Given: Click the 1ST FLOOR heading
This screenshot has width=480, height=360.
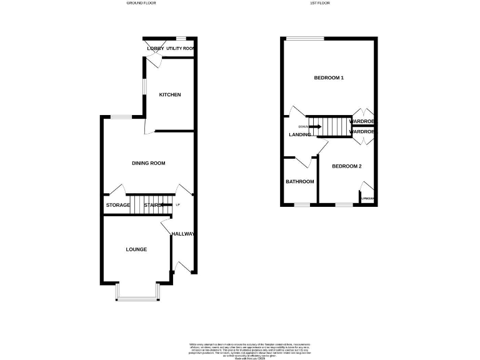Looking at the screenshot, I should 321,3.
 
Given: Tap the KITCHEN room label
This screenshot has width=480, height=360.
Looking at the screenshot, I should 169,95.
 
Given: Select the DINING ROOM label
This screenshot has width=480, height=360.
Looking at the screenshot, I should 148,163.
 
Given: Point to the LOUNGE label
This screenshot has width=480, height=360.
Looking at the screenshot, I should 136,249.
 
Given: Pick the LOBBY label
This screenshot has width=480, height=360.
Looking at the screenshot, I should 155,48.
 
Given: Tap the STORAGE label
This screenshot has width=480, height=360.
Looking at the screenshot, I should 117,205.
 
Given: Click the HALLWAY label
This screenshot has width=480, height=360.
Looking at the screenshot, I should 182,234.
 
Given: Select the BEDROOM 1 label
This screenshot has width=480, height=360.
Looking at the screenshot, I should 329,77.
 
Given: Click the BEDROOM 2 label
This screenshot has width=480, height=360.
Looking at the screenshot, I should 347,166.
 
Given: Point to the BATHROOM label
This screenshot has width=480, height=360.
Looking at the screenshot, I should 300,182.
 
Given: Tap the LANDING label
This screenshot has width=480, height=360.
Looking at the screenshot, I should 299,134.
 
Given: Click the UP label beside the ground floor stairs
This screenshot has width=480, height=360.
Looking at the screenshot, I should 177,205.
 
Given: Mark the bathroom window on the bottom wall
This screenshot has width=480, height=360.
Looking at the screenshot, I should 302,204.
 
